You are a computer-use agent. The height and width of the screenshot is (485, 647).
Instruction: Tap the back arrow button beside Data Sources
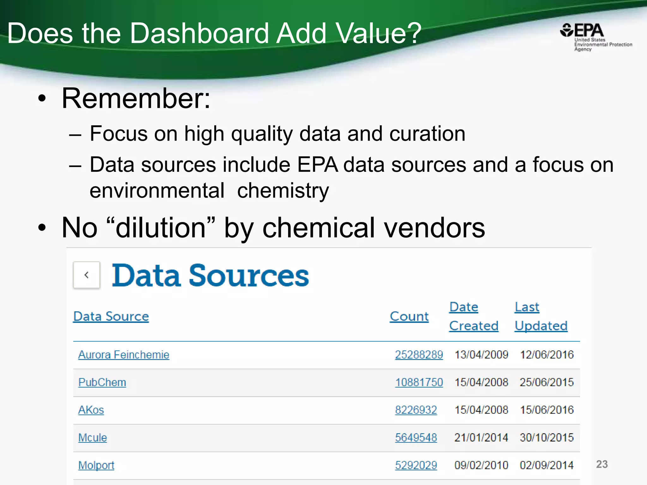[87, 275]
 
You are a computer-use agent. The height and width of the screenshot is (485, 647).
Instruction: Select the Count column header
[409, 316]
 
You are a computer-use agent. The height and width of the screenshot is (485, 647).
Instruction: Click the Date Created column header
[474, 316]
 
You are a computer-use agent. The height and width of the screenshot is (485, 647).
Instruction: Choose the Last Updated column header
[541, 316]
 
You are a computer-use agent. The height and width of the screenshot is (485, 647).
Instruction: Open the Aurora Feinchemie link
[124, 355]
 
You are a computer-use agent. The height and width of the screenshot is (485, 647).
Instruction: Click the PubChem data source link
[102, 382]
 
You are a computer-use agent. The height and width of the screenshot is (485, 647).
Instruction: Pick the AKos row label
[91, 410]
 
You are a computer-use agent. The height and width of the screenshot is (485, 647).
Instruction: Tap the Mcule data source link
[93, 438]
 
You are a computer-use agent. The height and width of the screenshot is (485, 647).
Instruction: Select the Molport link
[96, 465]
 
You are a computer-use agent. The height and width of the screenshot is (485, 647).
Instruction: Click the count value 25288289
[419, 355]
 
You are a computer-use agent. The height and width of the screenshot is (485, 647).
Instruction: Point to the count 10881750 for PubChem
[419, 382]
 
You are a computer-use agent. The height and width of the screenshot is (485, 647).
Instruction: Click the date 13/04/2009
[481, 355]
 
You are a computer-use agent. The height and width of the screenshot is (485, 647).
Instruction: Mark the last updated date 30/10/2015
[547, 438]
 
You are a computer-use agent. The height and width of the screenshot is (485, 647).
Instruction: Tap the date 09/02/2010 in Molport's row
[481, 465]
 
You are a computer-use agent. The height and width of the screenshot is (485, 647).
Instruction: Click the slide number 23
[602, 464]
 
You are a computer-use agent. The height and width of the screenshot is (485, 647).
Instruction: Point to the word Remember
[136, 99]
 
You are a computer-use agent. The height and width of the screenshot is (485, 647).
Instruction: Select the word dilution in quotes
[161, 228]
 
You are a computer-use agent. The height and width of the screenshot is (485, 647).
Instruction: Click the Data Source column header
[111, 316]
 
